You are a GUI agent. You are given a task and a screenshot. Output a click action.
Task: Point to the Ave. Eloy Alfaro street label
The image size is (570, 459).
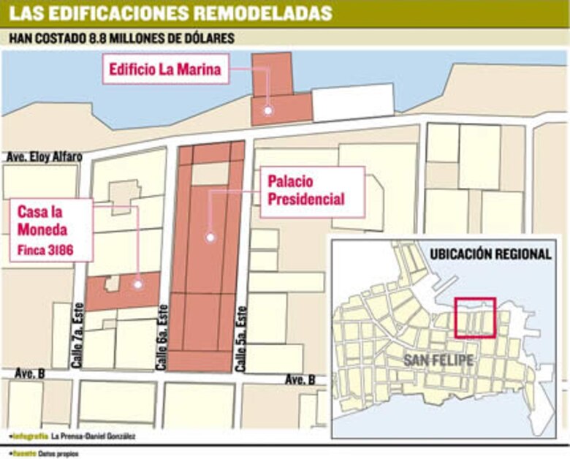[x=43, y=156]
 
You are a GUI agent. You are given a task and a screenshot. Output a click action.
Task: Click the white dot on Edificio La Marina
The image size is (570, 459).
[x=268, y=110]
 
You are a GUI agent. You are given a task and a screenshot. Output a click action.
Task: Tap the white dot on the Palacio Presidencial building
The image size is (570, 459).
[x=210, y=237]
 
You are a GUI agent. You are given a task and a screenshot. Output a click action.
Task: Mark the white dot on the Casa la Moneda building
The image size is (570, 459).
[x=137, y=284]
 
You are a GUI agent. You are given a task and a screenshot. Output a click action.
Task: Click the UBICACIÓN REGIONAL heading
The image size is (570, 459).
[x=490, y=254]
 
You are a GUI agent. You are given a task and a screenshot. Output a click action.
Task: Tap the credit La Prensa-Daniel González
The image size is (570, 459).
[x=93, y=436]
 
